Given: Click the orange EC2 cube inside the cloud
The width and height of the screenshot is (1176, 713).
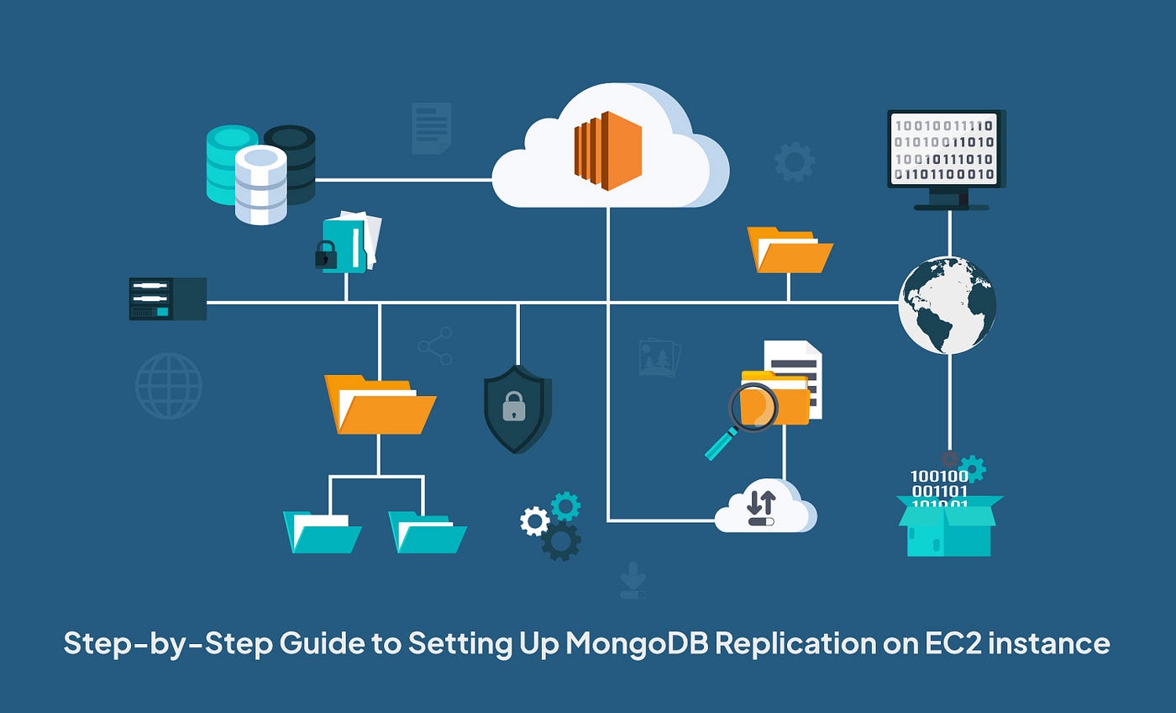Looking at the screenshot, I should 608,151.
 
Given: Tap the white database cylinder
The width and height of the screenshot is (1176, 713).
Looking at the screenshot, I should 260,185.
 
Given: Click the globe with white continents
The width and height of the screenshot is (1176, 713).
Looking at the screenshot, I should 948,304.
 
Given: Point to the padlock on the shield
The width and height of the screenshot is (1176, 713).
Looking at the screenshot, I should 514,409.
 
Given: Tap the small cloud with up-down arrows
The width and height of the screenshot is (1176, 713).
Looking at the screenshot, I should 763,506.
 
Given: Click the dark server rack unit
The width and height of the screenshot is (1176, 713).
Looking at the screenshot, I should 168,298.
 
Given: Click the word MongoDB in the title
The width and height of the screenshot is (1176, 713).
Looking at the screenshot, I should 641,644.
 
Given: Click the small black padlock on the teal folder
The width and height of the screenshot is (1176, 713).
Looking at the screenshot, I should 326,255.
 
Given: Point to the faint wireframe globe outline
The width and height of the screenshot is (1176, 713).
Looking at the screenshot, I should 169,386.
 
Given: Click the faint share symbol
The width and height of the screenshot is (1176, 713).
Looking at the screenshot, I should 436,346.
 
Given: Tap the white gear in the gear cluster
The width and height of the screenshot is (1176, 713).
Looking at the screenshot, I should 534,520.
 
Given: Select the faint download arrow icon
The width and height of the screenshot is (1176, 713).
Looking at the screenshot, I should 633,581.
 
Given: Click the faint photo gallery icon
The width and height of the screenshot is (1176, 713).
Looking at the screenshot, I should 659,357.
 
